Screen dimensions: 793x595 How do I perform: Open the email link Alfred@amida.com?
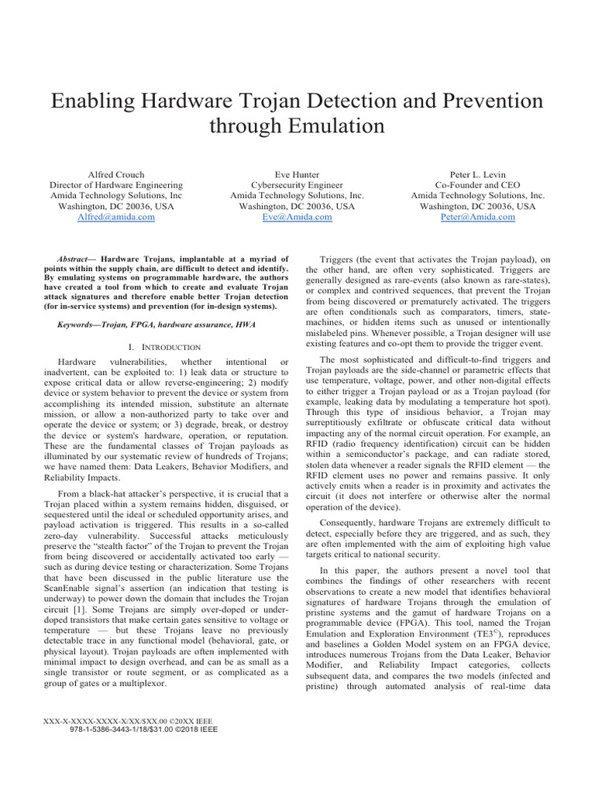pyautogui.click(x=116, y=218)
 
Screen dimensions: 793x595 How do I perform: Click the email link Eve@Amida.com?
pyautogui.click(x=297, y=218)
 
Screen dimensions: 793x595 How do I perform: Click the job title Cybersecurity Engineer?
pyautogui.click(x=297, y=185)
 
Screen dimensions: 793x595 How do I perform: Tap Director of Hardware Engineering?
pyautogui.click(x=116, y=185)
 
